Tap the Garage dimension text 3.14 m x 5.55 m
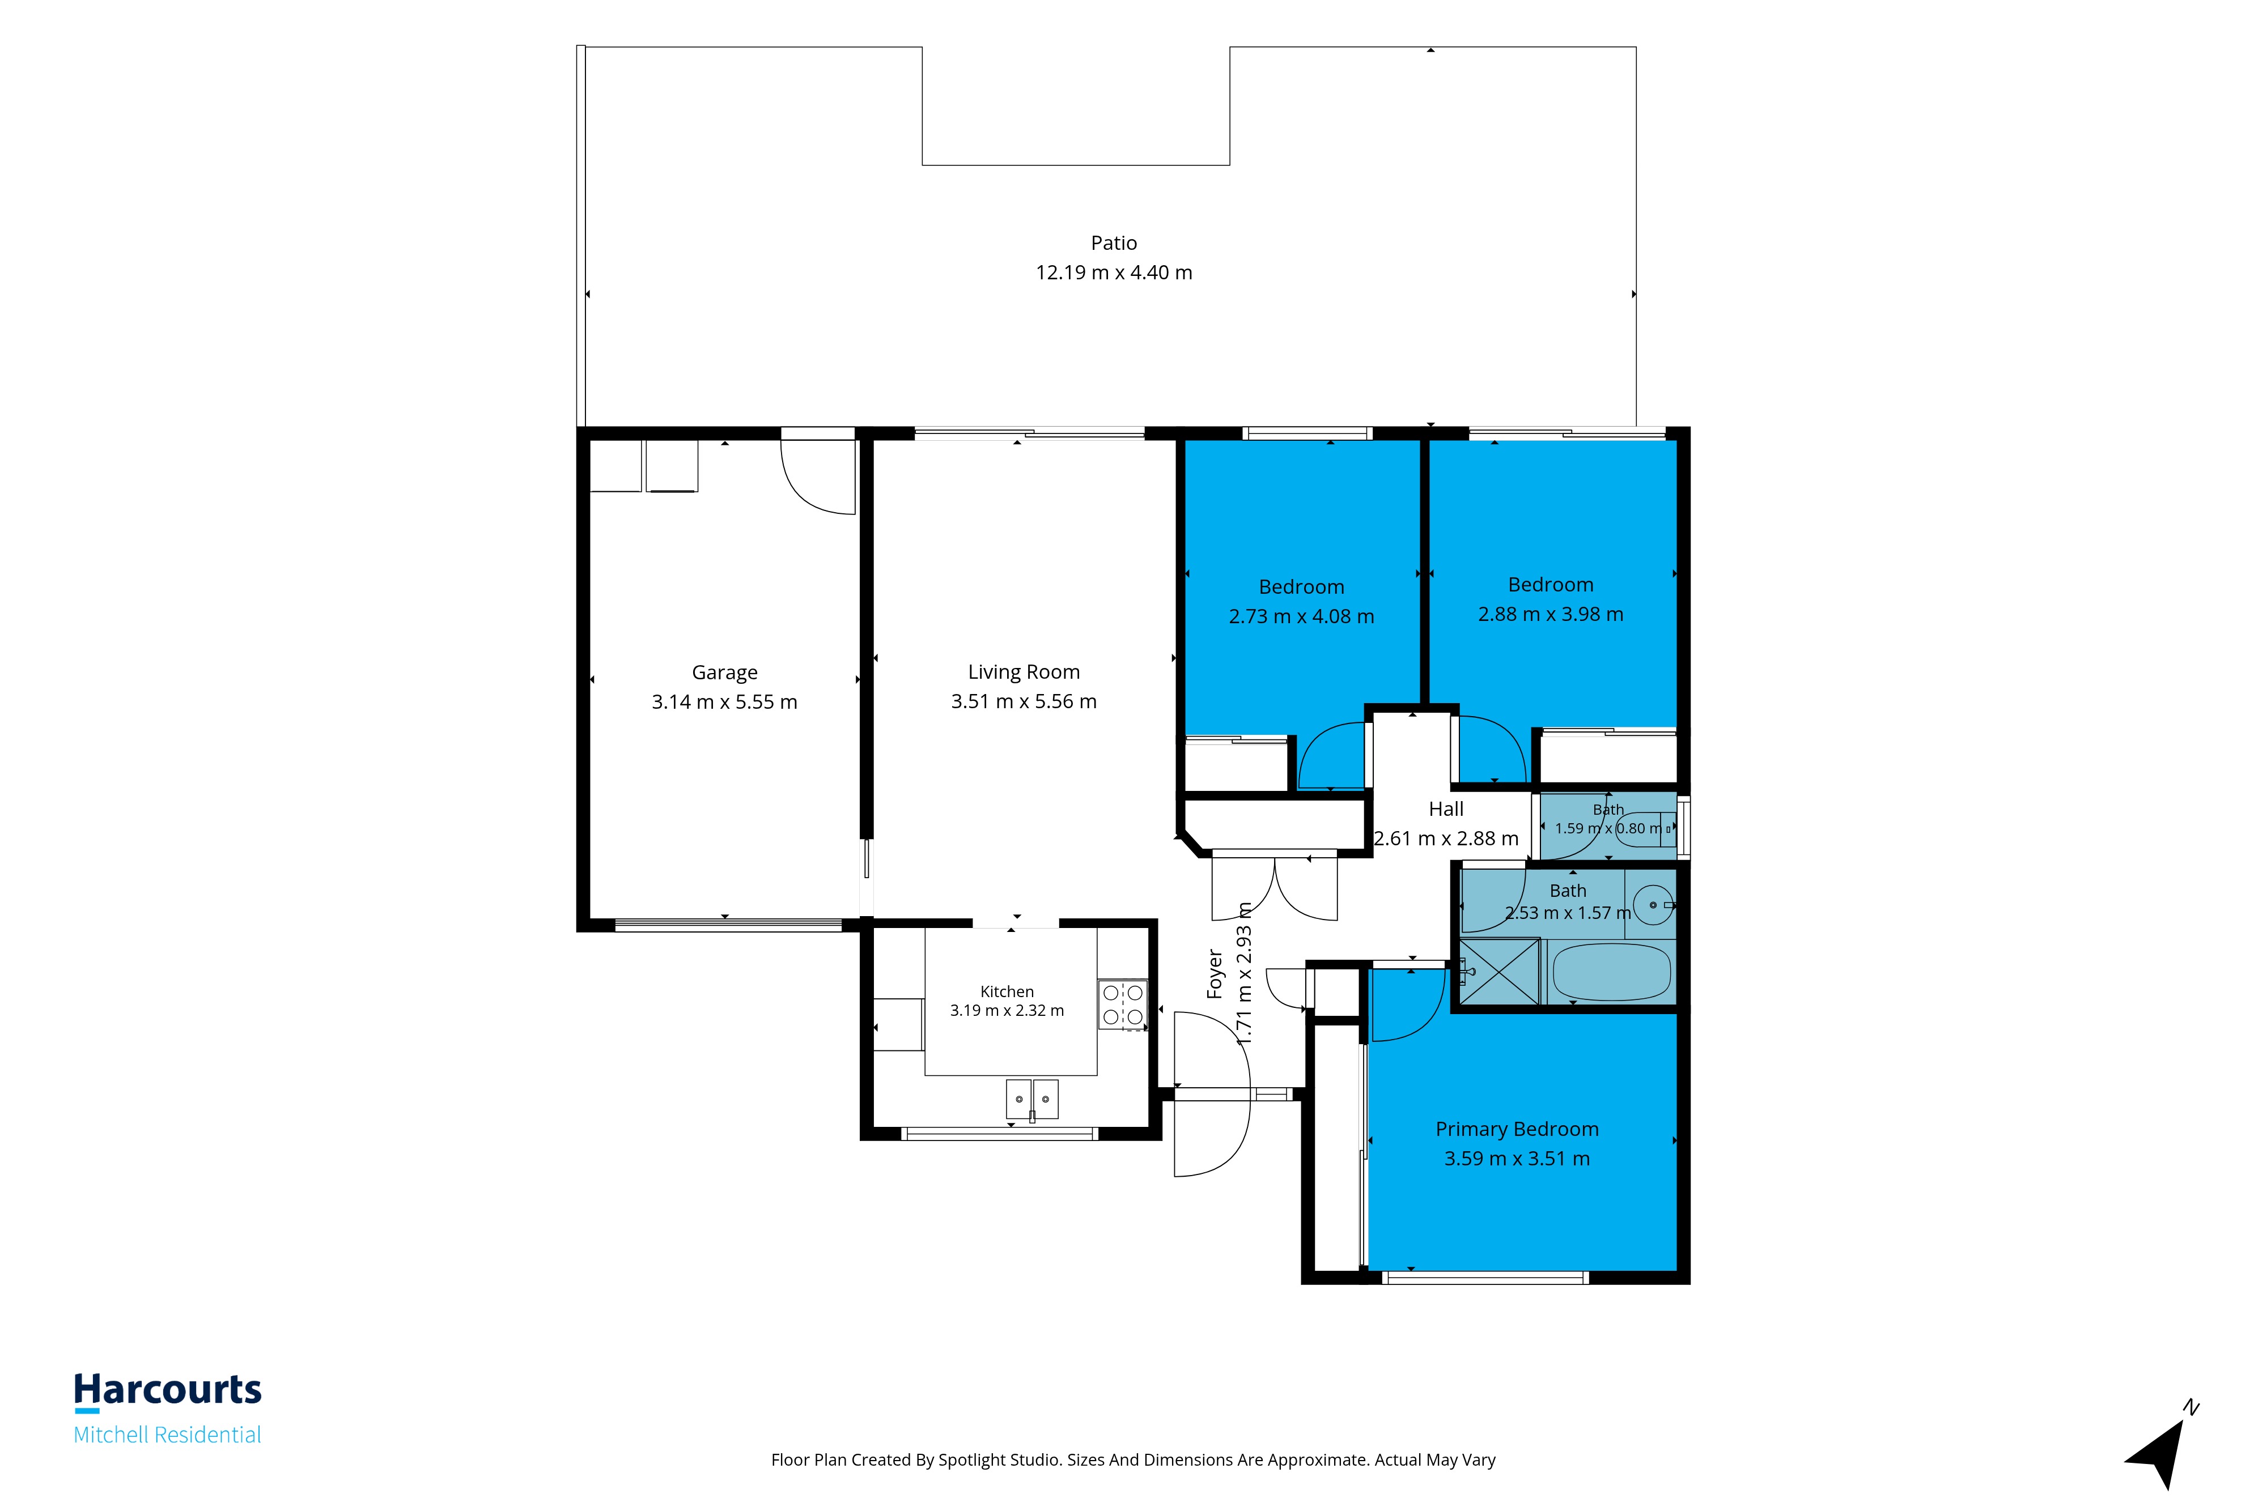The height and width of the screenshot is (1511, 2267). point(725,701)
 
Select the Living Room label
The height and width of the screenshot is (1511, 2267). point(1024,672)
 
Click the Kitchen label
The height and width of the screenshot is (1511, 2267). point(1007,991)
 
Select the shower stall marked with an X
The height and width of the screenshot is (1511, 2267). point(1500,971)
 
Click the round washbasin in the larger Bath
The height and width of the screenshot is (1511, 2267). point(1653,905)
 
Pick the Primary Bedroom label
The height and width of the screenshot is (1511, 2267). point(1517,1129)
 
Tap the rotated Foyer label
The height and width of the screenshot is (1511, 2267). point(1215,973)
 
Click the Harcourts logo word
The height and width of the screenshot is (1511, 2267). point(168,1390)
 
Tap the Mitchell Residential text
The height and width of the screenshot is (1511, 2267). point(168,1435)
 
